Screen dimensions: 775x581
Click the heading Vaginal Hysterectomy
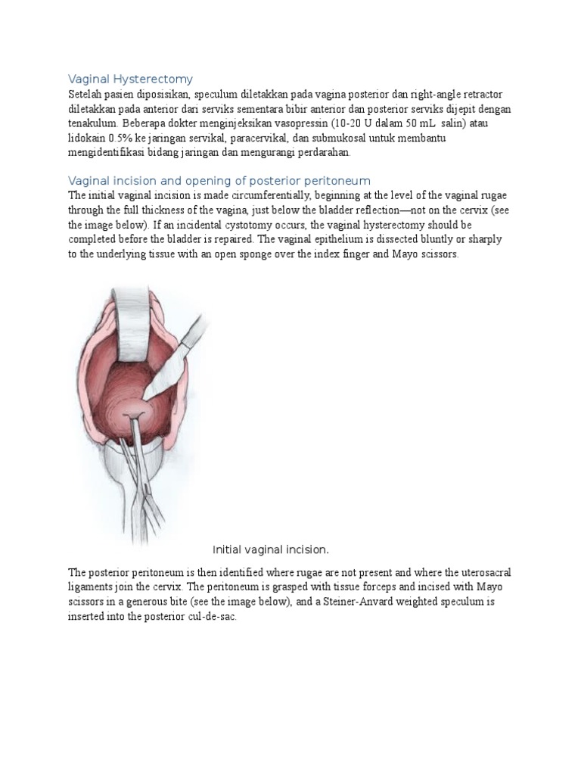[x=131, y=79]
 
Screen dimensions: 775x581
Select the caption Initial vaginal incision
[x=272, y=549]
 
